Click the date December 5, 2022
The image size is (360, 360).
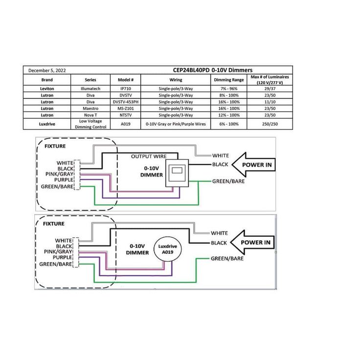(x=47, y=70)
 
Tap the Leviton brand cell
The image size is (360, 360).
(x=47, y=89)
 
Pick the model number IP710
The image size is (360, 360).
(x=125, y=89)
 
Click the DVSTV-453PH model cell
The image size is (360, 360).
(x=125, y=102)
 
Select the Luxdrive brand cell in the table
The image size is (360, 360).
(x=47, y=124)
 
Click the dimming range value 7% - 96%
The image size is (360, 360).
(x=229, y=89)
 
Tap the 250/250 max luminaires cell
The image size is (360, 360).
(x=270, y=124)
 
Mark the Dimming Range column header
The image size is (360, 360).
(x=229, y=80)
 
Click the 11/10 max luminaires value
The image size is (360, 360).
(x=270, y=102)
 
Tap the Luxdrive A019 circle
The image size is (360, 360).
(x=168, y=250)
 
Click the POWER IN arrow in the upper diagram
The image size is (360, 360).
(x=253, y=165)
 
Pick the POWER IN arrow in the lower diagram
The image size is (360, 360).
(x=252, y=242)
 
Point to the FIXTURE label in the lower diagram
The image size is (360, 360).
(x=54, y=224)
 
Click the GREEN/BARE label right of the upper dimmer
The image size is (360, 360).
(x=228, y=181)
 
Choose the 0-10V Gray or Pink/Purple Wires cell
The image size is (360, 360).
(x=176, y=124)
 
